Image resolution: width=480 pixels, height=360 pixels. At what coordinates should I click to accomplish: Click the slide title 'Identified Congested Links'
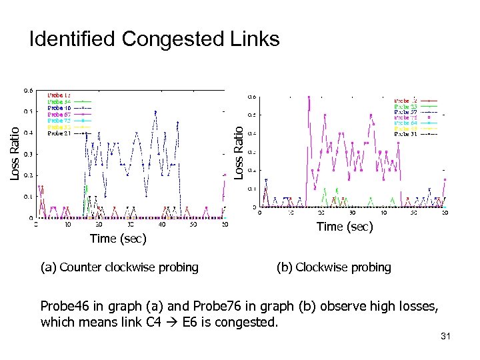154,39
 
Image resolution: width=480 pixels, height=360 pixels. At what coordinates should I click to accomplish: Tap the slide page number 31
445,337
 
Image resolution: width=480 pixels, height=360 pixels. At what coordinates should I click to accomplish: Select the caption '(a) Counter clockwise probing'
119,267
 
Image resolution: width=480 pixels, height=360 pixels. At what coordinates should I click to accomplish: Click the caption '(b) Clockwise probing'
333,267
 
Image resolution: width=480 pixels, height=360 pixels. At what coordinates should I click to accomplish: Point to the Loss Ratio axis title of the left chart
15,153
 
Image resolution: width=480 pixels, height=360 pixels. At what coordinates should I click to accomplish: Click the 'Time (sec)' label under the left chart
118,238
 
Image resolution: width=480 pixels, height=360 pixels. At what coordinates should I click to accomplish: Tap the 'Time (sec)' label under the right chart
345,227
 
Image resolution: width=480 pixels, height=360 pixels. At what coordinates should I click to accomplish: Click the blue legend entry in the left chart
60,107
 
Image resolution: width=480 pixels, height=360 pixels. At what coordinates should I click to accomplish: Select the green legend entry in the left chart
60,101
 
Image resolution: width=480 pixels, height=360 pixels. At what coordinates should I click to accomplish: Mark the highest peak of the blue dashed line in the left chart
155,111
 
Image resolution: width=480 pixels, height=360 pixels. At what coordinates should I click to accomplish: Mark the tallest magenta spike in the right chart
309,97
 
